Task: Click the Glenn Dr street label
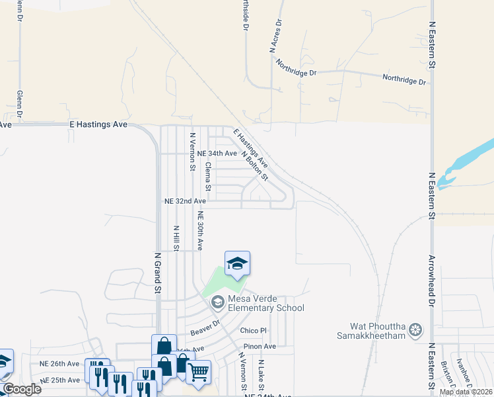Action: click(x=20, y=105)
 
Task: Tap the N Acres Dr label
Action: click(x=276, y=36)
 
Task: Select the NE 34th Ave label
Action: click(x=217, y=153)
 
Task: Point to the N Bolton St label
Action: click(x=254, y=165)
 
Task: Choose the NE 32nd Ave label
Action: click(x=185, y=200)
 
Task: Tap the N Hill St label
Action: click(x=176, y=239)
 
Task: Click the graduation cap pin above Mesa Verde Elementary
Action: click(x=237, y=265)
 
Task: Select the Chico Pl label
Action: click(x=253, y=330)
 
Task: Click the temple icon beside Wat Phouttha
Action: click(x=415, y=329)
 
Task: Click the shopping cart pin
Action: click(x=198, y=373)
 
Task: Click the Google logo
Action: click(x=22, y=389)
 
